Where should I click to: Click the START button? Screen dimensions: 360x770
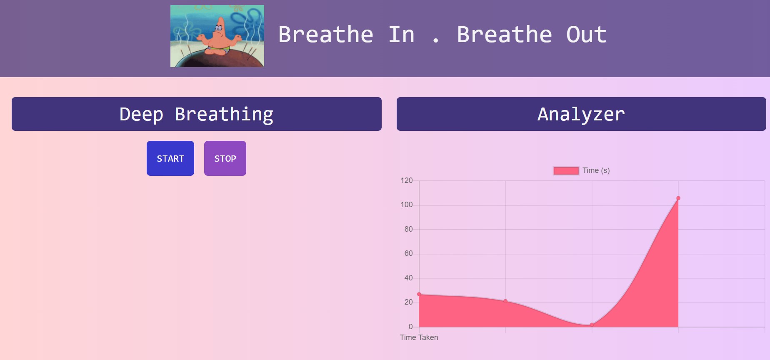[170, 158]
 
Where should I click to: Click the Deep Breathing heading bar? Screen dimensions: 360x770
[196, 114]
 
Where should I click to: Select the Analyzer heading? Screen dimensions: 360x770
[581, 114]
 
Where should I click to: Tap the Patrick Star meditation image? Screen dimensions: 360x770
[217, 36]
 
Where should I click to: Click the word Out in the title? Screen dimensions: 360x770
[586, 35]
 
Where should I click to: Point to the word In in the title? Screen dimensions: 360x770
[401, 35]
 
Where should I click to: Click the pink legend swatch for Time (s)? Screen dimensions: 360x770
[566, 170]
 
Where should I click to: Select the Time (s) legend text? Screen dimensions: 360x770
[596, 170]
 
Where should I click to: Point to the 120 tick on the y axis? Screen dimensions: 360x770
[406, 180]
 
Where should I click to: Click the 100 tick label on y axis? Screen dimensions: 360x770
[406, 205]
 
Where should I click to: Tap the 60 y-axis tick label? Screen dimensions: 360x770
[408, 253]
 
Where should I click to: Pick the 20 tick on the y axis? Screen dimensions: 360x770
[408, 302]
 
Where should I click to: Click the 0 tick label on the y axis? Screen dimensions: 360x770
[410, 327]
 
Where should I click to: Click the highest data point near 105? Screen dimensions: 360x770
[678, 198]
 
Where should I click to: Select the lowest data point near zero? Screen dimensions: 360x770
[592, 325]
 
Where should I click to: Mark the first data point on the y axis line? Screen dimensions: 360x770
[419, 294]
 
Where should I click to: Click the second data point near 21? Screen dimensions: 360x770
[505, 301]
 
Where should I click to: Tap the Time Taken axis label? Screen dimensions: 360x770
[419, 337]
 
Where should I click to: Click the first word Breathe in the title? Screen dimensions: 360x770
[325, 35]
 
